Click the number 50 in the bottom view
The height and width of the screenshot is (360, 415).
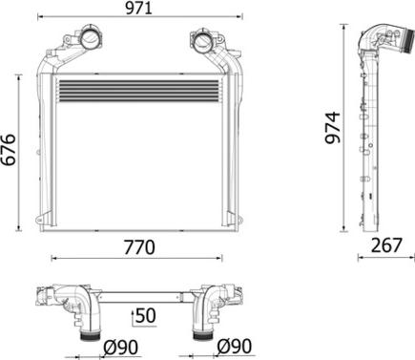coord(145,315)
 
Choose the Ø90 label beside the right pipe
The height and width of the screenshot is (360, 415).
coord(233,346)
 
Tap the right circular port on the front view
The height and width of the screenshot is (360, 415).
coord(202,41)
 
